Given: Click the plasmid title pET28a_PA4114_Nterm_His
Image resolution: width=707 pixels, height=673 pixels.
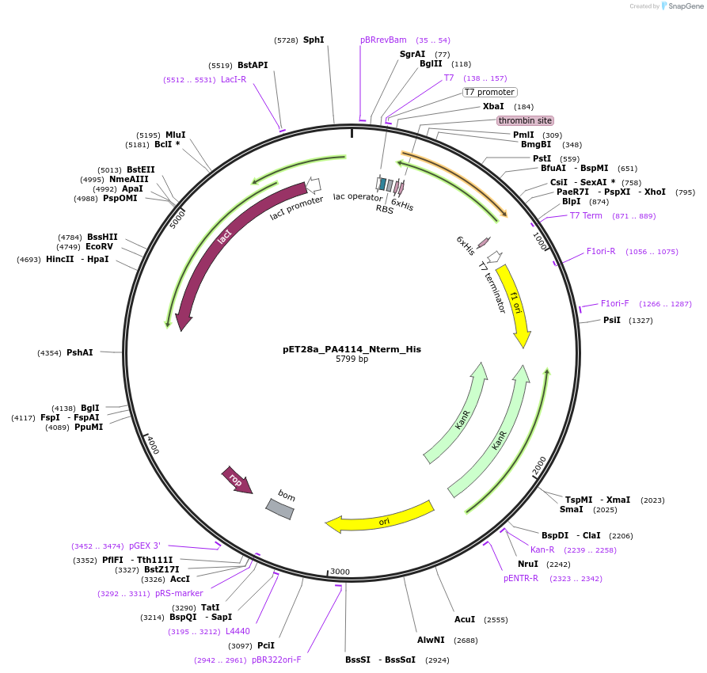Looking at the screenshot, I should pyautogui.click(x=352, y=348).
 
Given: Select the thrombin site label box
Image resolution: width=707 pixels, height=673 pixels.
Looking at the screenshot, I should pyautogui.click(x=525, y=120).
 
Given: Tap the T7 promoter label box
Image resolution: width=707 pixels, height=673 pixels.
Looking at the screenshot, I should pyautogui.click(x=490, y=92).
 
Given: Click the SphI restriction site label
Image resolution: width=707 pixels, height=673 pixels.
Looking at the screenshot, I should pyautogui.click(x=314, y=40).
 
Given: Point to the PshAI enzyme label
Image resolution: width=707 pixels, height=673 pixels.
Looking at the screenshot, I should pyautogui.click(x=79, y=352).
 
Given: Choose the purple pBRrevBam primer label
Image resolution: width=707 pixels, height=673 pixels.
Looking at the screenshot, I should pyautogui.click(x=383, y=40).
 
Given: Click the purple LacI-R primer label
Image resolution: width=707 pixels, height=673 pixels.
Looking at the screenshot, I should pyautogui.click(x=234, y=79).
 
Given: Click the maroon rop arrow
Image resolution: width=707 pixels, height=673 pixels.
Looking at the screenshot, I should pyautogui.click(x=237, y=480).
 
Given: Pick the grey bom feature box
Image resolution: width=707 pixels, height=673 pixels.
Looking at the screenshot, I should pyautogui.click(x=280, y=508).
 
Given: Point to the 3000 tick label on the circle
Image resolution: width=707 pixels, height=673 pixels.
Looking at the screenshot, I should pyautogui.click(x=340, y=571).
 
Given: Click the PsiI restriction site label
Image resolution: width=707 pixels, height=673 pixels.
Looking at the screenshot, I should pyautogui.click(x=612, y=320).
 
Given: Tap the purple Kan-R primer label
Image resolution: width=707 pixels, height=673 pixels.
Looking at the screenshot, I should pyautogui.click(x=542, y=549).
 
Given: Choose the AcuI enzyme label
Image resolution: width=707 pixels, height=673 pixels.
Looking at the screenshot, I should pyautogui.click(x=465, y=619).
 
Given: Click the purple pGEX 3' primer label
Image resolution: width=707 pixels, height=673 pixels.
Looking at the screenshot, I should pyautogui.click(x=145, y=546).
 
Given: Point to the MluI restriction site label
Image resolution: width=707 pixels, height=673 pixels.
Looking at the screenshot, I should pyautogui.click(x=176, y=135).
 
